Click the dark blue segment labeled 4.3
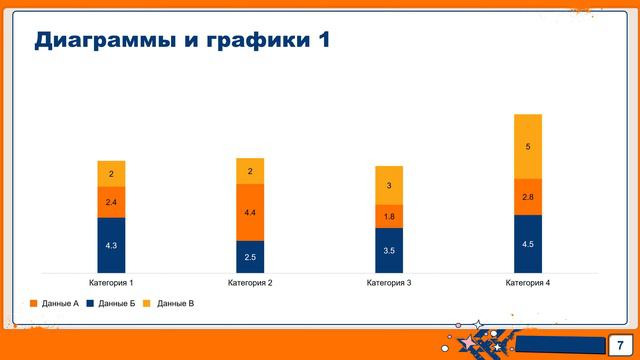coord(111,245)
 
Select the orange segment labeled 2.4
coord(111,202)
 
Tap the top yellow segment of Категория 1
coord(111,174)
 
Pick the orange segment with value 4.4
coord(250,212)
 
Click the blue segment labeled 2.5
coord(250,257)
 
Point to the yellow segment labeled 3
coord(389,185)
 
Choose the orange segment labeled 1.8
coord(389,216)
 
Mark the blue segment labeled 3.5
coord(389,250)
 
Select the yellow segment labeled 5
coord(528,147)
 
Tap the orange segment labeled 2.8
coord(528,197)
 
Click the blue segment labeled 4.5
coord(528,244)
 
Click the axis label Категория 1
coord(111,284)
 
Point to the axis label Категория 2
coord(250,284)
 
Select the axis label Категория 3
coord(389,284)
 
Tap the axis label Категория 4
coord(528,284)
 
